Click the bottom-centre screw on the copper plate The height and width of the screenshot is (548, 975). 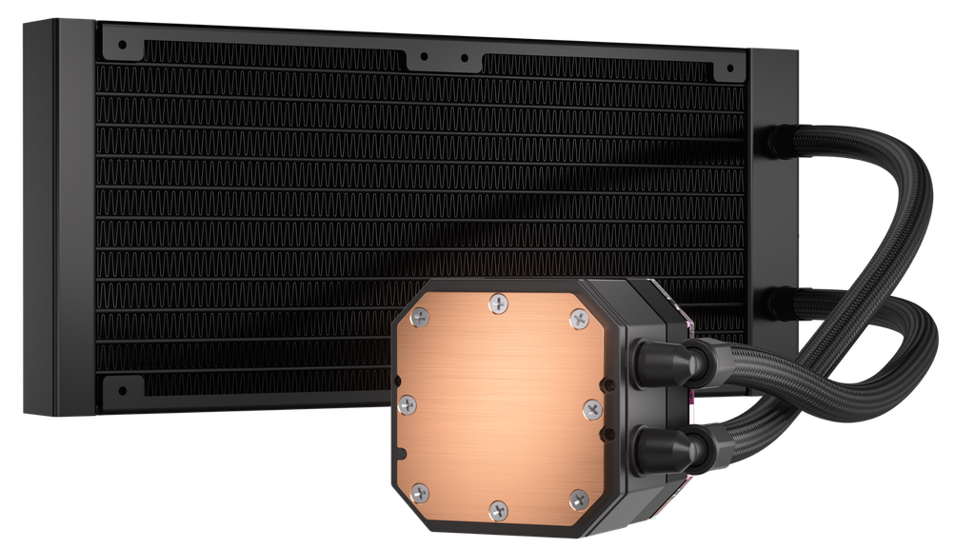tap(497, 511)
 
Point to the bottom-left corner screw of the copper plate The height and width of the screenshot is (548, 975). tap(420, 492)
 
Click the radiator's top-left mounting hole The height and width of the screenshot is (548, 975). tap(122, 43)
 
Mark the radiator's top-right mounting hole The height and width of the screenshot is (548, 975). tap(728, 68)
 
